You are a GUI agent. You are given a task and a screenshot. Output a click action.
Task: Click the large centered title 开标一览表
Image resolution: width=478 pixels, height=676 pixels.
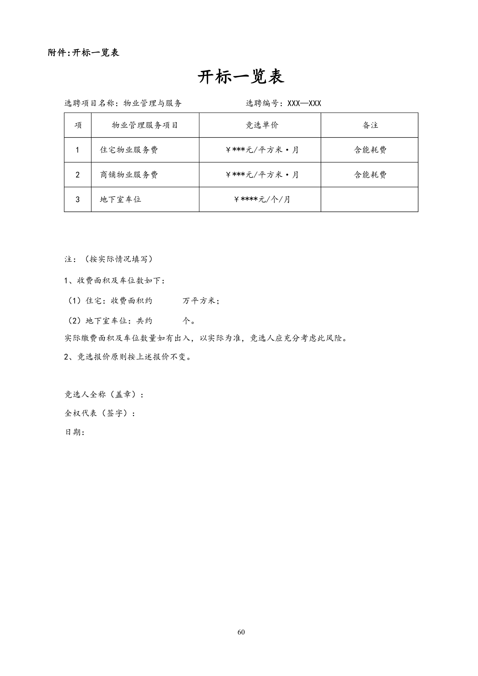pos(241,77)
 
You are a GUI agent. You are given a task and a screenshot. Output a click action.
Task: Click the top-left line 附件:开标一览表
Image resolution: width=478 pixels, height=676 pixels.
pos(83,53)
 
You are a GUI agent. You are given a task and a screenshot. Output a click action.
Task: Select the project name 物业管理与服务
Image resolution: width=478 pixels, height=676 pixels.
pos(152,103)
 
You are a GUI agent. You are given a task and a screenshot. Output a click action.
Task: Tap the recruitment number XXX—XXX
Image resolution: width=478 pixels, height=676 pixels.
pos(304,103)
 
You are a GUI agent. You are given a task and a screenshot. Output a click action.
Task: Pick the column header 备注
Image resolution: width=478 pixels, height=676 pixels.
pos(370,125)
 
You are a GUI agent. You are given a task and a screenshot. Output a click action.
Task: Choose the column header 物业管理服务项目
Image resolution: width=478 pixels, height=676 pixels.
pos(145,125)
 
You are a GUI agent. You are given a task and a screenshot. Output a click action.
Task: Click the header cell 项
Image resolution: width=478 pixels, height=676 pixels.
pos(78,125)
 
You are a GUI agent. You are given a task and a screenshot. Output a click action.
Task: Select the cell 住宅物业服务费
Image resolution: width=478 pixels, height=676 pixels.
pos(129,150)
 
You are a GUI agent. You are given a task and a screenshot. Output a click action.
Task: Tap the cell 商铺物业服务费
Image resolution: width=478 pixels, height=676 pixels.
pos(129,175)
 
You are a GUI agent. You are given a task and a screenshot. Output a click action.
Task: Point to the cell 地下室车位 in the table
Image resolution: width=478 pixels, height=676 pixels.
pos(120,199)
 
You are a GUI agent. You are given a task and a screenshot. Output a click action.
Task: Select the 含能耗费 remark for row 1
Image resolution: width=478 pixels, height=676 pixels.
pos(370,150)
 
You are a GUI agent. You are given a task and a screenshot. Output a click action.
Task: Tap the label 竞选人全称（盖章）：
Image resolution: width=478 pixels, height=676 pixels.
pos(104,394)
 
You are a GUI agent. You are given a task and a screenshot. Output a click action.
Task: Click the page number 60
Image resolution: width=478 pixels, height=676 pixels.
pos(241,632)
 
